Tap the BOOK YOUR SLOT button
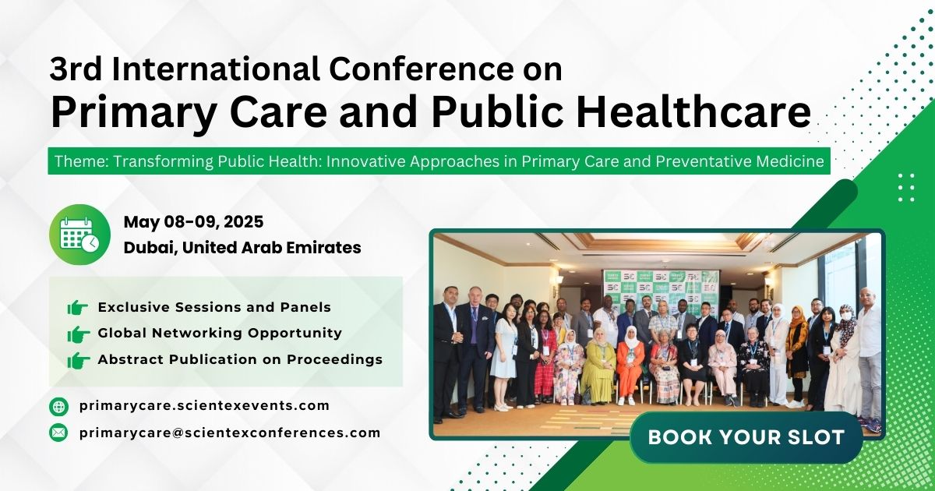coord(746,437)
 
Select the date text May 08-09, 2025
coord(193,222)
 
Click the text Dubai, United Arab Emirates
coord(242,248)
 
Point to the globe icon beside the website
coord(59,406)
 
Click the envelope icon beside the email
coord(59,433)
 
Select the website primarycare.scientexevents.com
coord(204,405)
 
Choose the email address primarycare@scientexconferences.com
coord(230,433)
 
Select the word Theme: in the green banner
coord(81,162)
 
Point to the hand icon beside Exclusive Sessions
coord(78,308)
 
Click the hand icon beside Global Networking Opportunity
coord(78,334)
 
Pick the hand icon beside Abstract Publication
coord(78,360)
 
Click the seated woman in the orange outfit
coord(630,366)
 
